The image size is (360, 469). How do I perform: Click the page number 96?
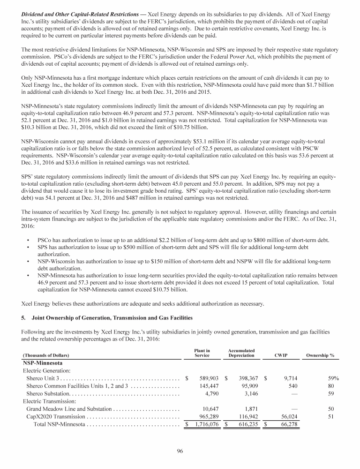(x=180, y=451)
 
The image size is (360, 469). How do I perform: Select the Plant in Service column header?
(x=202, y=353)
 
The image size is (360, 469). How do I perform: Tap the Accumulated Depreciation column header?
(x=241, y=353)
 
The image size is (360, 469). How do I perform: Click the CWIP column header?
(x=281, y=356)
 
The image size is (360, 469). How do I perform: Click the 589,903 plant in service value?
(x=208, y=378)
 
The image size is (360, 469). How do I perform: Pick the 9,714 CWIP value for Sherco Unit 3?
(x=288, y=378)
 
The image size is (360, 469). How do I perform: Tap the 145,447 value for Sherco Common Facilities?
(x=208, y=386)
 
